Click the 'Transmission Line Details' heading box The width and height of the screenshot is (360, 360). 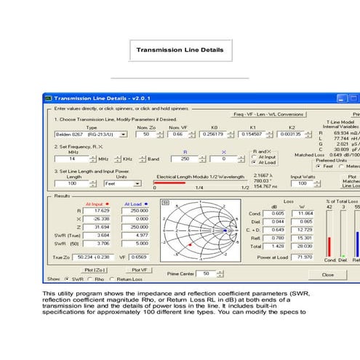(x=180, y=50)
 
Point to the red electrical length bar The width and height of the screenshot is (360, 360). (x=169, y=183)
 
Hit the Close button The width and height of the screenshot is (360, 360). (x=327, y=274)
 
